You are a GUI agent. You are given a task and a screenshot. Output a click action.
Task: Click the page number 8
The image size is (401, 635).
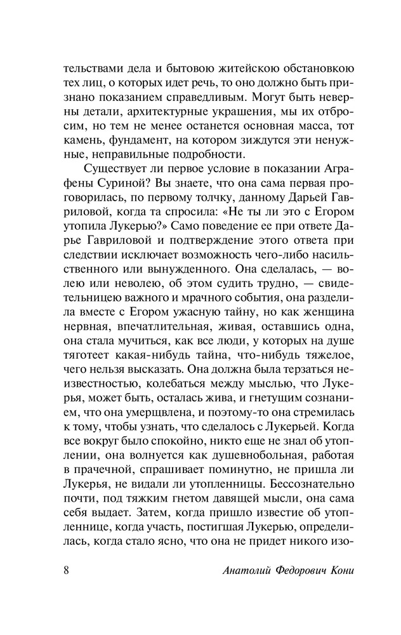click(x=66, y=568)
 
